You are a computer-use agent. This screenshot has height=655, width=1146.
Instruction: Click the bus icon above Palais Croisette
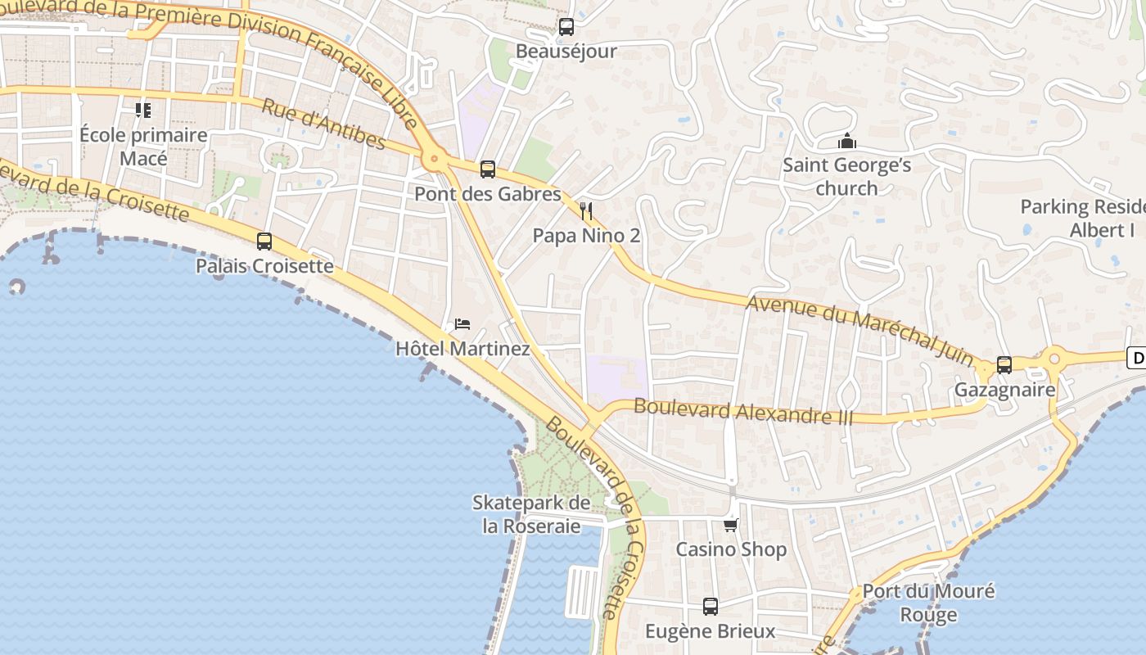tap(264, 242)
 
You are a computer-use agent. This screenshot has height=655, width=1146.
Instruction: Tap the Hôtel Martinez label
tap(462, 349)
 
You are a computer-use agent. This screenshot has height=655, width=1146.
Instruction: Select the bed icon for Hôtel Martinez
tap(462, 324)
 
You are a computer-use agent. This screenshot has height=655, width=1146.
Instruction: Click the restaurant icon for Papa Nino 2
tap(585, 211)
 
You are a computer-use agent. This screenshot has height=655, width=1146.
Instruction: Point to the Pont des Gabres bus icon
tap(487, 169)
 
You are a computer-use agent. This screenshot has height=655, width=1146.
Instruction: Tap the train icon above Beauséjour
tap(566, 27)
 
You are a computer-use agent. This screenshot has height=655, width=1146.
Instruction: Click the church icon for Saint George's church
tap(846, 142)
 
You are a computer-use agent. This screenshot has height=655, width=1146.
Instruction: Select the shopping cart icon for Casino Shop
tap(730, 525)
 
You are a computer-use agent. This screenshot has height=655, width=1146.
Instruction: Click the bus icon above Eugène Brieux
tap(710, 607)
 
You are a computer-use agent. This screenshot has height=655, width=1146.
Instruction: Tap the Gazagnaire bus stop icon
tap(1004, 365)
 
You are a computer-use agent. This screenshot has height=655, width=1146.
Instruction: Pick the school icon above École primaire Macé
tap(143, 110)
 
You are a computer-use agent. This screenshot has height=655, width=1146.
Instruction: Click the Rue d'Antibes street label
tap(323, 124)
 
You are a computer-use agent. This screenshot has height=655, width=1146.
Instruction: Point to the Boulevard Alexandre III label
tap(743, 411)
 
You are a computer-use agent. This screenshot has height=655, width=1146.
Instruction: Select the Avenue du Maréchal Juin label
tap(859, 332)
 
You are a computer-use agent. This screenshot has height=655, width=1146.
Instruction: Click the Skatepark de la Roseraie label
tap(531, 514)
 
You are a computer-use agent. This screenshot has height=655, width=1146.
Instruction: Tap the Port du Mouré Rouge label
tap(928, 603)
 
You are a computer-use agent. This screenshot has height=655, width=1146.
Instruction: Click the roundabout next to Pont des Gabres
tap(434, 159)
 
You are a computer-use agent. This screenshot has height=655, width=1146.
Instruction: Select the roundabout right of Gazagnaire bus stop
tap(1054, 358)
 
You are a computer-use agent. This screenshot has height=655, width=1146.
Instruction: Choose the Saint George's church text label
tap(846, 176)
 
